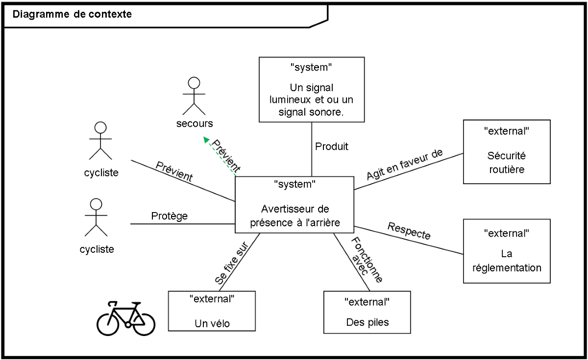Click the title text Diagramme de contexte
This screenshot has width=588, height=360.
pos(72,14)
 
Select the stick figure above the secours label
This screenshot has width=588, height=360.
pos(194,95)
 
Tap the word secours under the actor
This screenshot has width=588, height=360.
pos(195,123)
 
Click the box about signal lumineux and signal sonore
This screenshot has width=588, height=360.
pos(312,89)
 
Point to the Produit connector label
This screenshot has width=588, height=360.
pos(332,146)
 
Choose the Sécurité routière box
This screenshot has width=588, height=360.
pos(507,152)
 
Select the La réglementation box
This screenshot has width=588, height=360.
pos(507,251)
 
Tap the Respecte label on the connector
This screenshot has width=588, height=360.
pos(409,231)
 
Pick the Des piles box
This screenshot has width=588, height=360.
pos(367,312)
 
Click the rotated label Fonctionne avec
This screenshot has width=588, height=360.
pos(366,259)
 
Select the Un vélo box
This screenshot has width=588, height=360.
pos(212,311)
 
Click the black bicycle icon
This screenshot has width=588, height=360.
pos(126,319)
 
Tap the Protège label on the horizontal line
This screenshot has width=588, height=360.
pos(170,216)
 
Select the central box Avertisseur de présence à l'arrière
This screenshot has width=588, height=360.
pos(294,204)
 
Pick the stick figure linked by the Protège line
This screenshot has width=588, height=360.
pos(96,217)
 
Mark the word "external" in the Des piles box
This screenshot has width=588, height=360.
pos(367,301)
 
